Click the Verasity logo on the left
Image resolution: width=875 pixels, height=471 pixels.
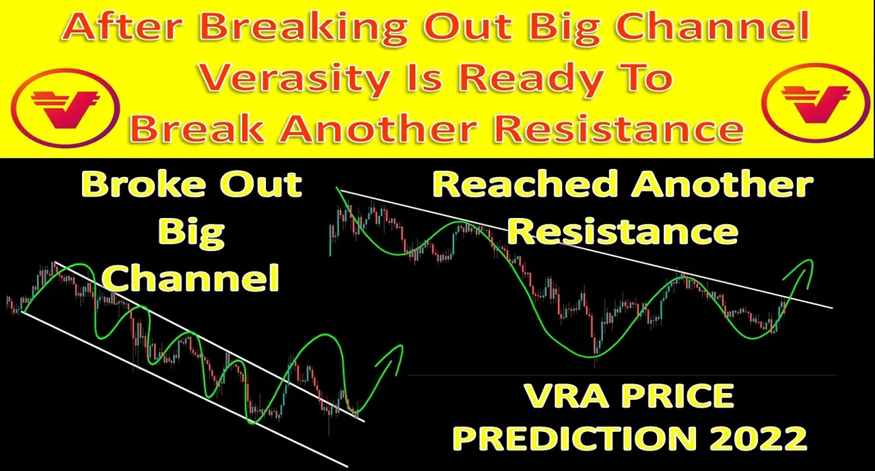(x=65, y=108)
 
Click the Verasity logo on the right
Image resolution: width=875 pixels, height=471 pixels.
(x=816, y=103)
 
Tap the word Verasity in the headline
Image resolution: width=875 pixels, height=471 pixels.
(x=294, y=79)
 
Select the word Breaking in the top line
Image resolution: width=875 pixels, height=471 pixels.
(x=305, y=29)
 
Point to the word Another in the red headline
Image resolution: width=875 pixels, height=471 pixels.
(x=377, y=129)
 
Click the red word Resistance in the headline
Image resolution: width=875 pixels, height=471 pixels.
(x=619, y=129)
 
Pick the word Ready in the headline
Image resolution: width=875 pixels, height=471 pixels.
(x=531, y=79)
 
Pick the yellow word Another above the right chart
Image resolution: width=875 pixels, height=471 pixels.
(x=722, y=184)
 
